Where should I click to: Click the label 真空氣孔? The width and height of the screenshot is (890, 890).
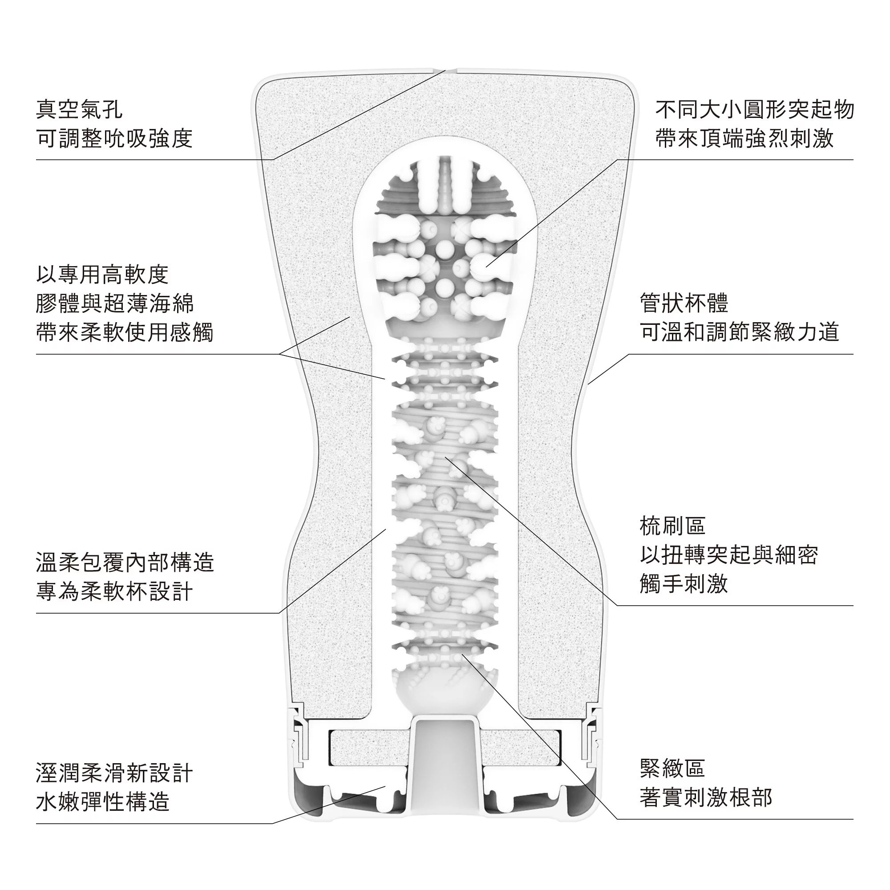(x=79, y=110)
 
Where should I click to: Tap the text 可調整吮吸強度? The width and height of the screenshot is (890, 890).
(x=114, y=139)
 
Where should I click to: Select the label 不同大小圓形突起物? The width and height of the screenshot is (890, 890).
(x=755, y=110)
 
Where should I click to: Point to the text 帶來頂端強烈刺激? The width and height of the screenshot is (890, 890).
(x=744, y=139)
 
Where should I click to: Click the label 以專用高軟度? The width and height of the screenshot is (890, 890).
(x=102, y=275)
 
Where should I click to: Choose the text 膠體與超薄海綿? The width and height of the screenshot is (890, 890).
(x=115, y=303)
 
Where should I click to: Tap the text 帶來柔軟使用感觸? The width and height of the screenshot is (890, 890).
(x=125, y=332)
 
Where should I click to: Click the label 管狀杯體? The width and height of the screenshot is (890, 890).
(x=684, y=303)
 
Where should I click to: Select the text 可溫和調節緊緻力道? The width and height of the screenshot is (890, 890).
(x=739, y=332)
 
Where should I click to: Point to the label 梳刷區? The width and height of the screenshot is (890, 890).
(x=672, y=526)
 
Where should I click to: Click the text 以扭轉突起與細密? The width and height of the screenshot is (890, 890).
(x=729, y=555)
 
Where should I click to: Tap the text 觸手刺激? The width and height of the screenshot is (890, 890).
(x=684, y=584)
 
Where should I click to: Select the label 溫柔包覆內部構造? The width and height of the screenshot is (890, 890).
(x=125, y=562)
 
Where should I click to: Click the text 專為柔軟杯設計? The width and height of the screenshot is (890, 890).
(x=114, y=591)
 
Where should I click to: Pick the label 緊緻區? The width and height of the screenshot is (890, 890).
(x=672, y=768)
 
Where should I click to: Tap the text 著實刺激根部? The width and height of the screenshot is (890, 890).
(x=706, y=797)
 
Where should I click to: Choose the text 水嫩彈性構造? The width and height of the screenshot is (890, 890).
(x=102, y=802)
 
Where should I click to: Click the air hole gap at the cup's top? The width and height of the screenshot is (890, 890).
(x=445, y=70)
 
